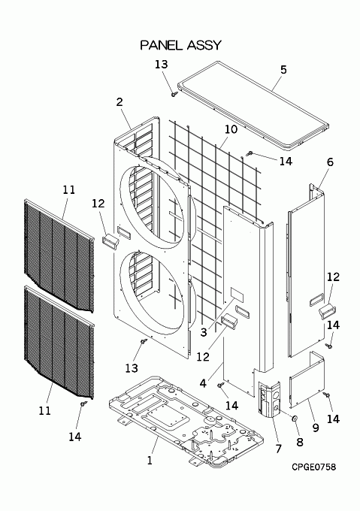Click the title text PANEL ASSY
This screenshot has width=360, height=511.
click(x=181, y=45)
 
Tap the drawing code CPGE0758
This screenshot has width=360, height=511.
click(x=313, y=467)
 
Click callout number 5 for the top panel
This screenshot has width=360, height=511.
click(x=283, y=69)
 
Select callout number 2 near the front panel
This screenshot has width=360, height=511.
click(x=119, y=102)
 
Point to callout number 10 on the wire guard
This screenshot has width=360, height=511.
click(x=231, y=129)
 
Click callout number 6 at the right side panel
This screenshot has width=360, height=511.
click(x=330, y=162)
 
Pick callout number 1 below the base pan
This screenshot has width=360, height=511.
click(x=150, y=461)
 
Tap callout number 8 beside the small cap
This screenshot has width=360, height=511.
click(x=300, y=442)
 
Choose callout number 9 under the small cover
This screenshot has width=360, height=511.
click(x=316, y=428)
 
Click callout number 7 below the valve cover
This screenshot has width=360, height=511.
click(x=278, y=449)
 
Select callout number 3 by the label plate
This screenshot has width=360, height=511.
click(x=204, y=332)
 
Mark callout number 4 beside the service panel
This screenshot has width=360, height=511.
click(x=203, y=383)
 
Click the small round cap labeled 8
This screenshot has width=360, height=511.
click(x=294, y=418)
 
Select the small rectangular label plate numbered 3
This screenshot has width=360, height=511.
click(x=237, y=294)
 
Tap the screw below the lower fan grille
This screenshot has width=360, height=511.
click(x=84, y=404)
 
